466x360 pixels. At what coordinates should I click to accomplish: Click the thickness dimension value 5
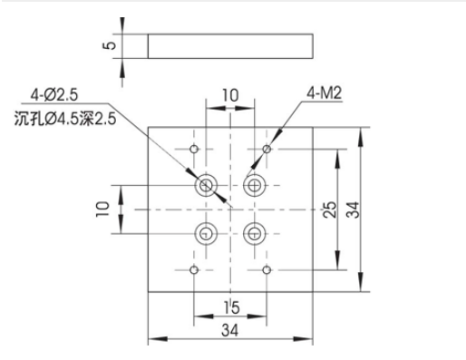coord(111,45)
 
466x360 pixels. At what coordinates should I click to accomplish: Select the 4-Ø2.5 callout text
coord(54,95)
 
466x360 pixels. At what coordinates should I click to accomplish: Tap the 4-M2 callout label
coord(325,92)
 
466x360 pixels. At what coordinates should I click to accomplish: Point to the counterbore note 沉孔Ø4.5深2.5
coord(65,119)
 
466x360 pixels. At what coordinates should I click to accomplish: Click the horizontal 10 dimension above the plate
coord(230,95)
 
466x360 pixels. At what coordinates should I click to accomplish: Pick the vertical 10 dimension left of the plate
coord(102,209)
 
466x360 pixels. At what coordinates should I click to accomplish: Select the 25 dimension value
coord(330,209)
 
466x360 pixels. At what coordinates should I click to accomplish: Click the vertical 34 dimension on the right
coord(353,209)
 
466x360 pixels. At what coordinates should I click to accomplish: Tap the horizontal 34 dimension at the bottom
coord(230,330)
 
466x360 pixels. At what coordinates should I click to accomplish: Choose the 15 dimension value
coord(231,308)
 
